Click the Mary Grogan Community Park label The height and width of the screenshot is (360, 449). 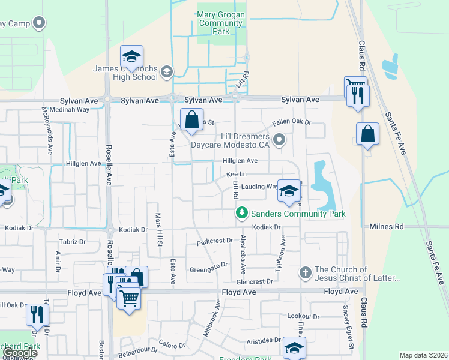[220, 23]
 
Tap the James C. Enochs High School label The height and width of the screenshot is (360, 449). [125, 73]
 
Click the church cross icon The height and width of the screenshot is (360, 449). [305, 274]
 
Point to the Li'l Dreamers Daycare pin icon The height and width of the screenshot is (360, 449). [279, 140]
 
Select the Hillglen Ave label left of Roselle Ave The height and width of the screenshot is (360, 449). [83, 163]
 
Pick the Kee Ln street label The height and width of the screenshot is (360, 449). [237, 174]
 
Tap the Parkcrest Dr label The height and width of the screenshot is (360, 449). [214, 241]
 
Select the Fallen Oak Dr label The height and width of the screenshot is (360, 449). [292, 122]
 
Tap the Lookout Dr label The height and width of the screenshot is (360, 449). [303, 316]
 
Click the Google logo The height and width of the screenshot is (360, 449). [20, 353]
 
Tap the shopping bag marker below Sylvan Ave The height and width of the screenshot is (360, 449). [191, 119]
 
